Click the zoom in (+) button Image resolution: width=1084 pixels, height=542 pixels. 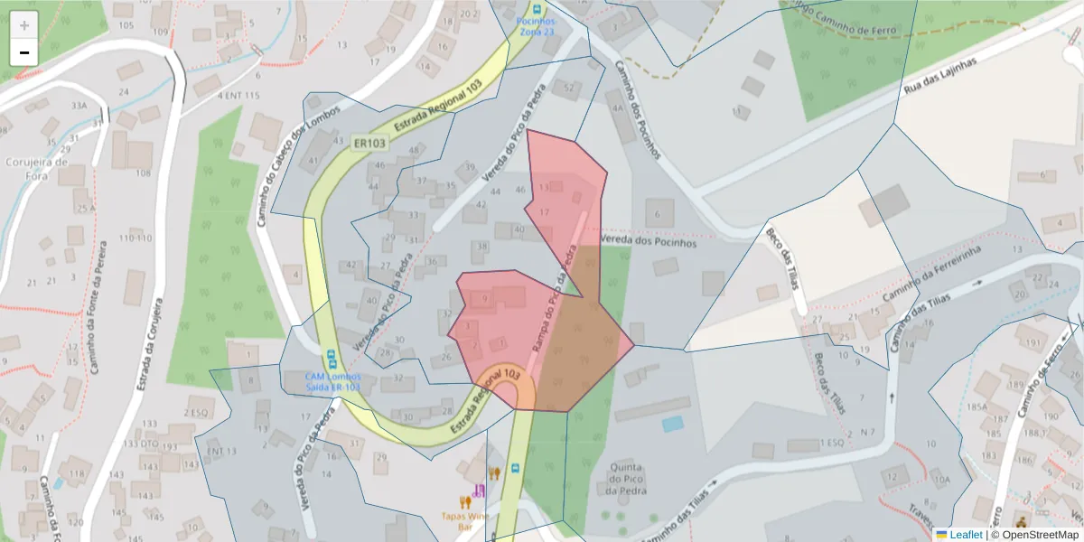(24, 25)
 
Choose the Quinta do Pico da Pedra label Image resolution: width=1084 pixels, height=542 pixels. (625, 479)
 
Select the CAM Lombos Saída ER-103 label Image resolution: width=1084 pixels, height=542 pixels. (332, 381)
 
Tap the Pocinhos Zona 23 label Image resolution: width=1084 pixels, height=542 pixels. (537, 26)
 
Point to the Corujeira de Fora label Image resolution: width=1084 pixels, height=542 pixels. (37, 170)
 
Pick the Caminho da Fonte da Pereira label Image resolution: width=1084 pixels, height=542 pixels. (97, 306)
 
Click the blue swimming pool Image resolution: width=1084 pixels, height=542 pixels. (673, 424)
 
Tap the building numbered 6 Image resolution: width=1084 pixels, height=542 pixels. (659, 213)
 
